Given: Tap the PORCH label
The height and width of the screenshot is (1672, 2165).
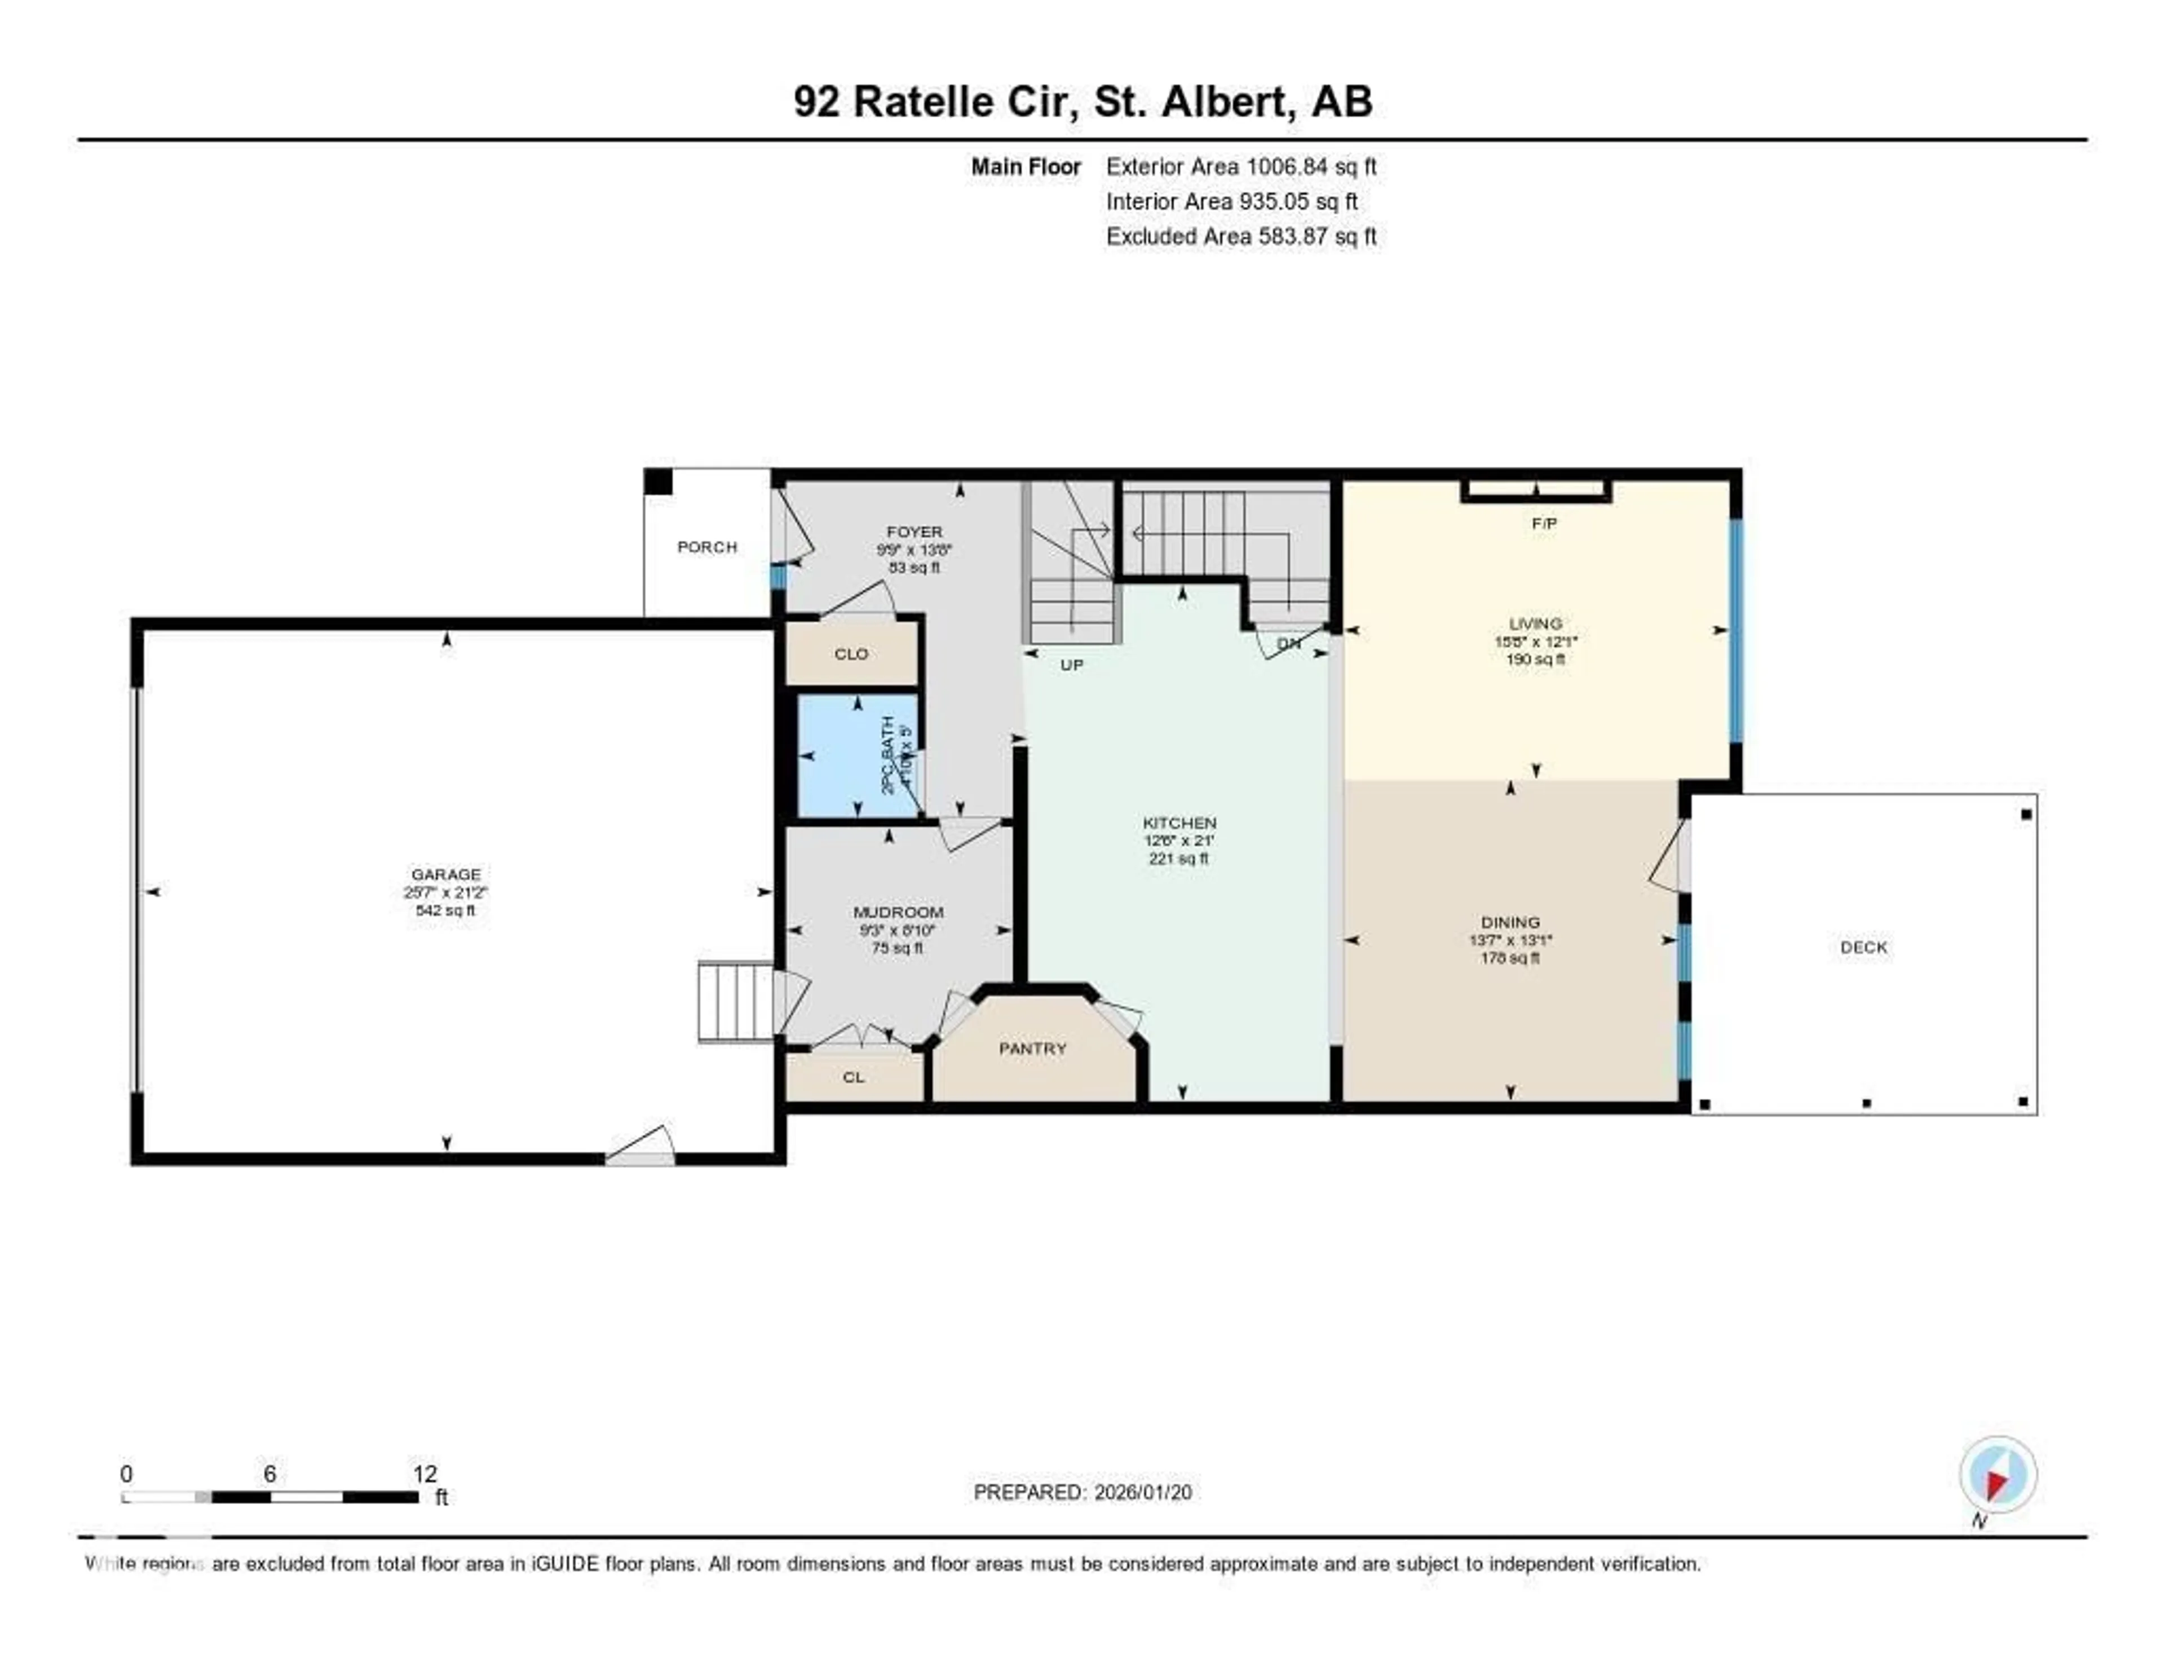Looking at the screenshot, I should point(707,547).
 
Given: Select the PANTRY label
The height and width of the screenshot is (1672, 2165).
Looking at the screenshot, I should point(1032,1049).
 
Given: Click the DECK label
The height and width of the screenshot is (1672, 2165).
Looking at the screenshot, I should point(1863,948).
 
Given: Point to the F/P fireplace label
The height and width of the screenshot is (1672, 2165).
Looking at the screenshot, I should point(1544,523).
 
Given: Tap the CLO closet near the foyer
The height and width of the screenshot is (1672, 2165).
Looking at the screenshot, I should point(851,654).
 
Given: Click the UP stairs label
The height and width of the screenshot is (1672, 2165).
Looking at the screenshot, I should point(1072,665).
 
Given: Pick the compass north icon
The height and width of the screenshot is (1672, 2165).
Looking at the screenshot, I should point(1998,1476).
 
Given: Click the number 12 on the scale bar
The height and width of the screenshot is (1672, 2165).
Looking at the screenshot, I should point(425,1474).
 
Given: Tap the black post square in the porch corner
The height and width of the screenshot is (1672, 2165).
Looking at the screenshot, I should point(658,481).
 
